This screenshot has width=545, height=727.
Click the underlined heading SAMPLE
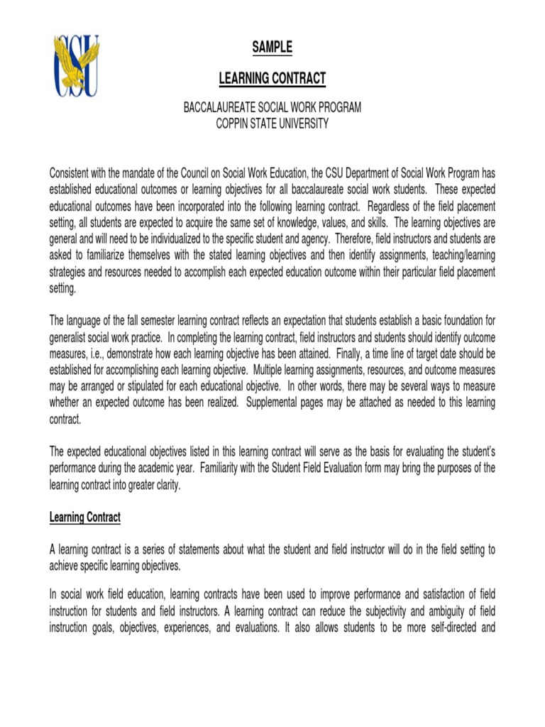(272, 48)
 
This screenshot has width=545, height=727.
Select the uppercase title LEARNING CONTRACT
(272, 79)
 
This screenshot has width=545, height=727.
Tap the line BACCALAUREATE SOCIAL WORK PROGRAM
(272, 108)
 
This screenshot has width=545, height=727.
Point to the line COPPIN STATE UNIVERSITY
(272, 124)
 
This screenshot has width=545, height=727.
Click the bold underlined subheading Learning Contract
(85, 518)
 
